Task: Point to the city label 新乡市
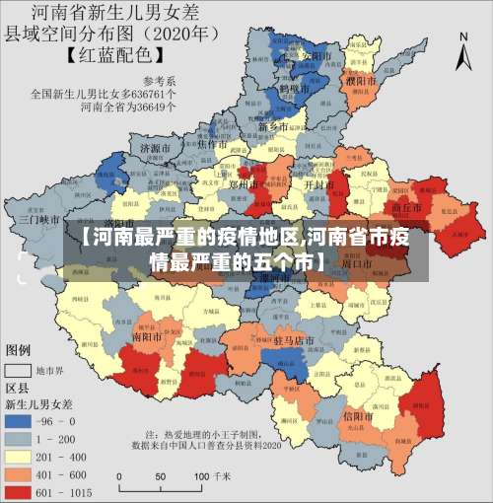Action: pyautogui.click(x=273, y=127)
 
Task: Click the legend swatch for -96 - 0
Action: pyautogui.click(x=20, y=419)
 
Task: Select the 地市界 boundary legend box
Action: pyautogui.click(x=18, y=371)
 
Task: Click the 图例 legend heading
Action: pyautogui.click(x=19, y=350)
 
